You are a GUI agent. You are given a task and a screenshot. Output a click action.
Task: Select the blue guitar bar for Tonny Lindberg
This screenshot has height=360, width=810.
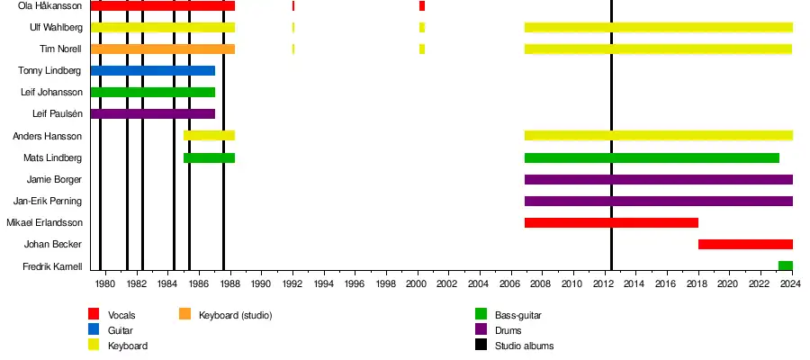[x=152, y=71]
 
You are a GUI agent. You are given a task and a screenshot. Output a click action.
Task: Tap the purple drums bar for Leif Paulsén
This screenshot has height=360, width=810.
[x=152, y=114]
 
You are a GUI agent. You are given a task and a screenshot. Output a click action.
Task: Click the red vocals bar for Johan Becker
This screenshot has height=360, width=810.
[x=745, y=245]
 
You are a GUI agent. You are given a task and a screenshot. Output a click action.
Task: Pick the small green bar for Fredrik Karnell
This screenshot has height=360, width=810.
[x=785, y=266]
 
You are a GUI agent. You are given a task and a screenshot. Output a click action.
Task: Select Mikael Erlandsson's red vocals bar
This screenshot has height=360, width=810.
[x=611, y=223]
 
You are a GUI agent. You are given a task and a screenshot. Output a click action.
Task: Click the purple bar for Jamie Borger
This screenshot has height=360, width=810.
[x=658, y=180]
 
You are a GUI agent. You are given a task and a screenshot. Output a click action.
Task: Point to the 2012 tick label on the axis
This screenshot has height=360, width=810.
[x=602, y=285]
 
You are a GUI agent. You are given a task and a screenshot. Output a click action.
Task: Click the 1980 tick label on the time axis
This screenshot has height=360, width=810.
[x=105, y=285]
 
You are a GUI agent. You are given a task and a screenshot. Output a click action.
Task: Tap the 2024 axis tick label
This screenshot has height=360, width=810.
[x=789, y=285]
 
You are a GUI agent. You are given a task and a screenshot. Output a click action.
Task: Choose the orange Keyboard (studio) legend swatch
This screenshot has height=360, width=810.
[x=184, y=315]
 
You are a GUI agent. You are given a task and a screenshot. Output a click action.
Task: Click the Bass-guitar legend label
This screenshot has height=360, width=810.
[x=517, y=315]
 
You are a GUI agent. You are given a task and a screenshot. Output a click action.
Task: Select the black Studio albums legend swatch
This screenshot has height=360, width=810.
[x=481, y=346]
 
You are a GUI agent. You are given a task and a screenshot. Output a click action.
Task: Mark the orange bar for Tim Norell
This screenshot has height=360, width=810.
[x=162, y=49]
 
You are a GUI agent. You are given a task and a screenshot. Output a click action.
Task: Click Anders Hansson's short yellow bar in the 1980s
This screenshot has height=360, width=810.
[x=209, y=136]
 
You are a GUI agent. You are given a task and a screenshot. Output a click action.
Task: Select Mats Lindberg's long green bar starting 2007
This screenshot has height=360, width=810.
[x=652, y=158]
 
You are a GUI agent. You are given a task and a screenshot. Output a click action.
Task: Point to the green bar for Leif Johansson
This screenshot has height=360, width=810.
[x=152, y=93]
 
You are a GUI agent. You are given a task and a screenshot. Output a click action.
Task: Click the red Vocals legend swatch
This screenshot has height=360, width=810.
[x=93, y=315]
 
